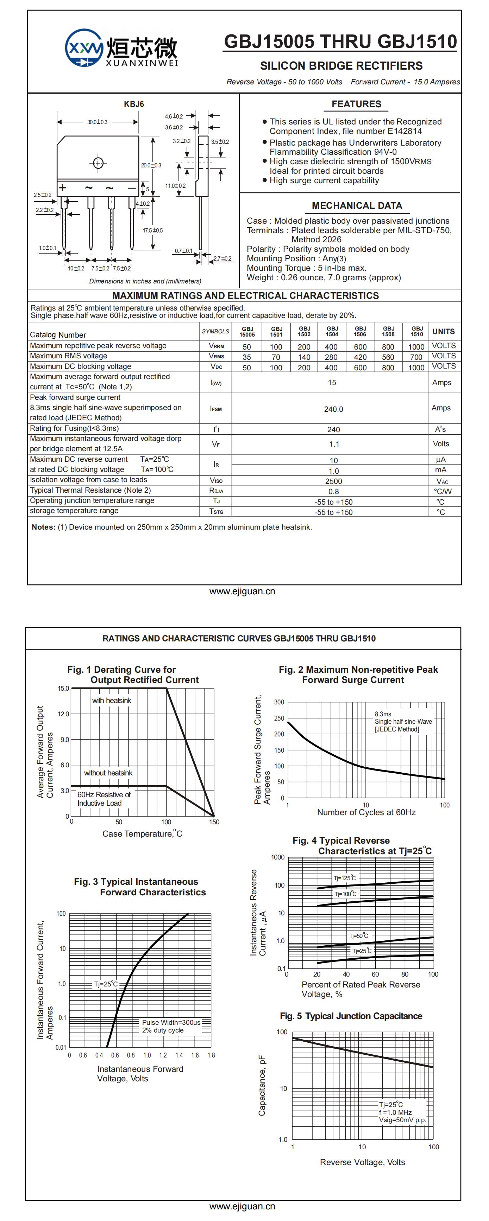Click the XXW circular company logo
pos(84,48)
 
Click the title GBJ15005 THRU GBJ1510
pos(340,42)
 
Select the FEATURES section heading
pos(356,104)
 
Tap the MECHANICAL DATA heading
pos(357,206)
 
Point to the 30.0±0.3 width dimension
pos(97,122)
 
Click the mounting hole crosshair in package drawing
pos(98,163)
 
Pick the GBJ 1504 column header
pos(332,331)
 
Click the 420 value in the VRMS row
pos(360,357)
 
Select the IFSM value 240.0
pos(333,409)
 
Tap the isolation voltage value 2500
pos(333,481)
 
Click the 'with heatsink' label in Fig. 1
pos(112,701)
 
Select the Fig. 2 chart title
pos(358,675)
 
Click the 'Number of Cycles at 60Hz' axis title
pos(366,812)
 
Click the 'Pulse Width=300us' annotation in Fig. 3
pos(171,1022)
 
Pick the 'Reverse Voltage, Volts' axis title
pos(362,1162)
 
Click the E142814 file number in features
pos(405,131)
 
